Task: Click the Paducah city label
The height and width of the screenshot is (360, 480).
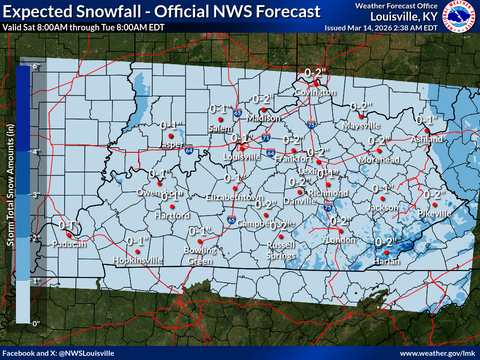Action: [69, 244]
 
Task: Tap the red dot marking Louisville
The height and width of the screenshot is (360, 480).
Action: [242, 149]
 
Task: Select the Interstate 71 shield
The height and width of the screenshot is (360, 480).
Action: [266, 138]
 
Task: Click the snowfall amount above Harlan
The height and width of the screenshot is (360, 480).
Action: [386, 242]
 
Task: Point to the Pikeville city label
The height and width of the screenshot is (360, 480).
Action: [435, 214]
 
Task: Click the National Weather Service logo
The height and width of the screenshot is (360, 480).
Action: [459, 17]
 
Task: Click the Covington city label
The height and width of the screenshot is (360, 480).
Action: [315, 92]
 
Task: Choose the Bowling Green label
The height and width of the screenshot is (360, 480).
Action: [200, 255]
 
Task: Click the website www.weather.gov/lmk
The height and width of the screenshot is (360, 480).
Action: [438, 353]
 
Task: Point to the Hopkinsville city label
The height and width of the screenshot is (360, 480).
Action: [137, 260]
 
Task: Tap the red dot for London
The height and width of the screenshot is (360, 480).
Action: [341, 231]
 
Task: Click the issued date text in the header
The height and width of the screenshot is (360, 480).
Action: [381, 28]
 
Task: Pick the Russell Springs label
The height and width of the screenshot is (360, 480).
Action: [281, 250]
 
